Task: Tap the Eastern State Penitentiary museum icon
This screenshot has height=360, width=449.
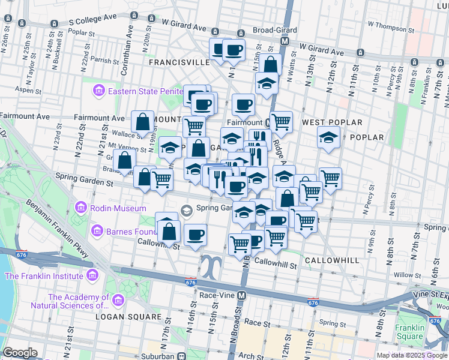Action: click(98, 91)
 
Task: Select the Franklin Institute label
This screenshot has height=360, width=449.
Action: click(44, 276)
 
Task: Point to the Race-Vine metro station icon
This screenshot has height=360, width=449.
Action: click(241, 296)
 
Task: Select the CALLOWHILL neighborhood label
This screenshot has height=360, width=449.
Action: click(331, 260)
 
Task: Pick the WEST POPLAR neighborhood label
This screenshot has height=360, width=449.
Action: click(334, 122)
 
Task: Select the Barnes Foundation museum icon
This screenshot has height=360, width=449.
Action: click(97, 231)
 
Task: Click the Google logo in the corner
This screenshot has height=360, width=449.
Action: click(20, 352)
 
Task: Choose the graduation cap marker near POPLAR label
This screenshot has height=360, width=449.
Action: click(328, 138)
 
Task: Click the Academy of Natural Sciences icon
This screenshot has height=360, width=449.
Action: click(118, 299)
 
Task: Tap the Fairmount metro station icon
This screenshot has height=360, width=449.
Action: click(268, 122)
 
